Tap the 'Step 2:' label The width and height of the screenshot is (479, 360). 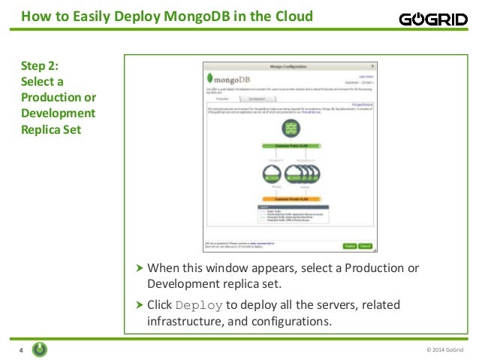tap(38, 65)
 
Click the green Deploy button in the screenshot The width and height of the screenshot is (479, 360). tap(350, 246)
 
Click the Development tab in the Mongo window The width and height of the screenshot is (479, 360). tap(256, 98)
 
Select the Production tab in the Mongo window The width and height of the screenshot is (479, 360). tap(222, 98)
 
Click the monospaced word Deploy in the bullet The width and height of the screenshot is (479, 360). tap(199, 305)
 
